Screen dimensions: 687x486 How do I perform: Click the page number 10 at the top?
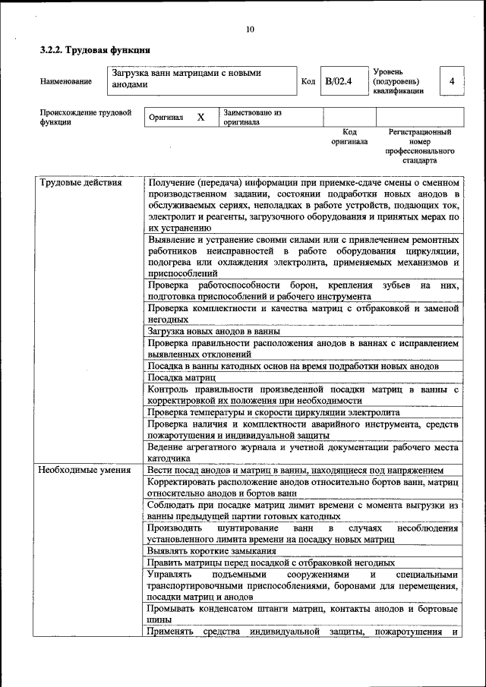point(251,30)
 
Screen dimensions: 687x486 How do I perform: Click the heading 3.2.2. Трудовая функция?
point(94,50)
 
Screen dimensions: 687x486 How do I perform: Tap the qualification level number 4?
point(452,81)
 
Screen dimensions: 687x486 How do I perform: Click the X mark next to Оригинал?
point(200,118)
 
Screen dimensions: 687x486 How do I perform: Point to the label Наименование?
point(66,81)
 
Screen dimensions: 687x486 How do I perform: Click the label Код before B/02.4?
point(308,81)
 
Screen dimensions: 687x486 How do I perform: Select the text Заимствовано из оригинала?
point(252,117)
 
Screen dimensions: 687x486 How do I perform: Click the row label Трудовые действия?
point(80,183)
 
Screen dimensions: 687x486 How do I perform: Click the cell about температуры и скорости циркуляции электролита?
point(273,412)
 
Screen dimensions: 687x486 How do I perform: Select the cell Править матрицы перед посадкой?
point(271,563)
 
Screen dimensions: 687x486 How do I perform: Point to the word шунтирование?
point(236,528)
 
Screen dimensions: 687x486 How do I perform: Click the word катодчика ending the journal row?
point(169,459)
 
